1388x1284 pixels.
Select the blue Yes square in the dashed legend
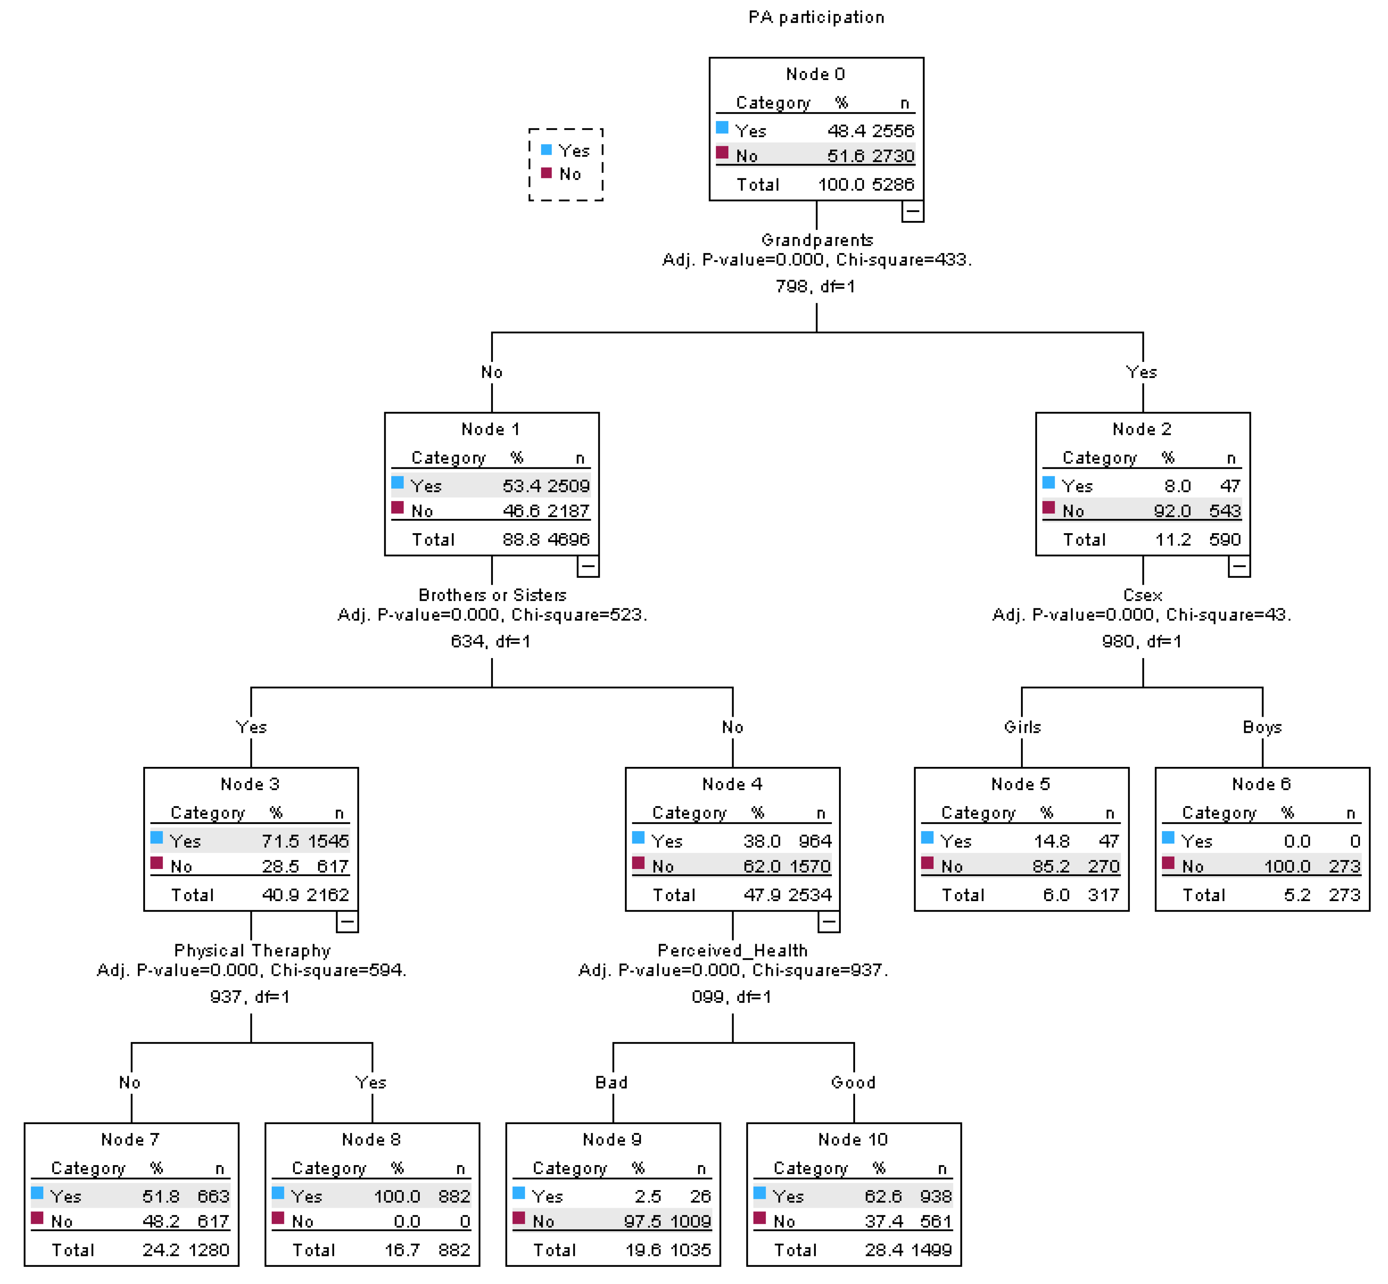coord(546,150)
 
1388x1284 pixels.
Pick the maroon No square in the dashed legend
coord(546,173)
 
